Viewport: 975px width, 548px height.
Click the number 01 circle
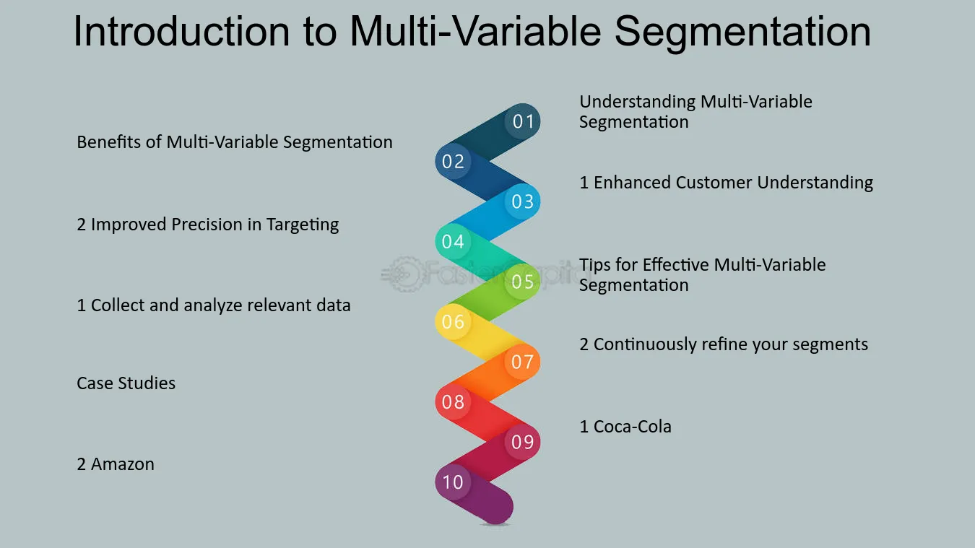[522, 121]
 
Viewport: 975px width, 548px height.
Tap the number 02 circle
[453, 162]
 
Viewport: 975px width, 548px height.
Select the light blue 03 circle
[522, 201]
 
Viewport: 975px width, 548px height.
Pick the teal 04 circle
[453, 242]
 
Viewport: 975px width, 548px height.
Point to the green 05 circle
[522, 282]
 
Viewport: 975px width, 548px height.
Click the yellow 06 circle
[453, 322]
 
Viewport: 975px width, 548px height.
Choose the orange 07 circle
[522, 362]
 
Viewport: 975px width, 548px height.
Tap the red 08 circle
[453, 401]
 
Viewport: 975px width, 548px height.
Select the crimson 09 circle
[522, 442]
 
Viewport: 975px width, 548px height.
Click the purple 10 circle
[453, 482]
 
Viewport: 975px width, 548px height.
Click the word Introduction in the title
[181, 31]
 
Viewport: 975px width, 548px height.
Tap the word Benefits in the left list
[109, 142]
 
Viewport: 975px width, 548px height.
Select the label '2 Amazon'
[116, 464]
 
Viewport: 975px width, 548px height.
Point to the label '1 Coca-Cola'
[625, 427]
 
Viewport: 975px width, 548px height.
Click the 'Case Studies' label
[126, 383]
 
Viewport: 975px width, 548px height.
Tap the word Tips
[594, 265]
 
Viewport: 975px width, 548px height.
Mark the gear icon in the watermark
[404, 274]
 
